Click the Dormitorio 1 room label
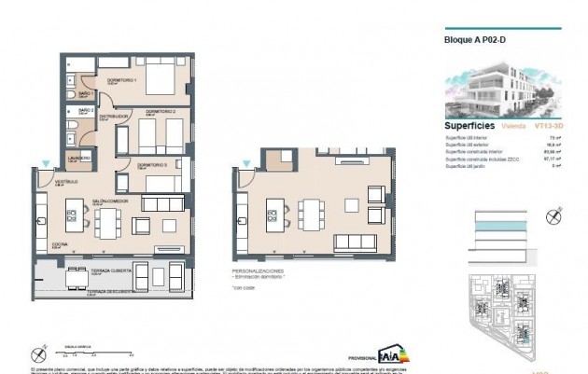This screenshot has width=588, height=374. tap(121, 80)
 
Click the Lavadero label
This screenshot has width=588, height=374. tap(78, 158)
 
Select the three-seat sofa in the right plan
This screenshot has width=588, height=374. tap(356, 242)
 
